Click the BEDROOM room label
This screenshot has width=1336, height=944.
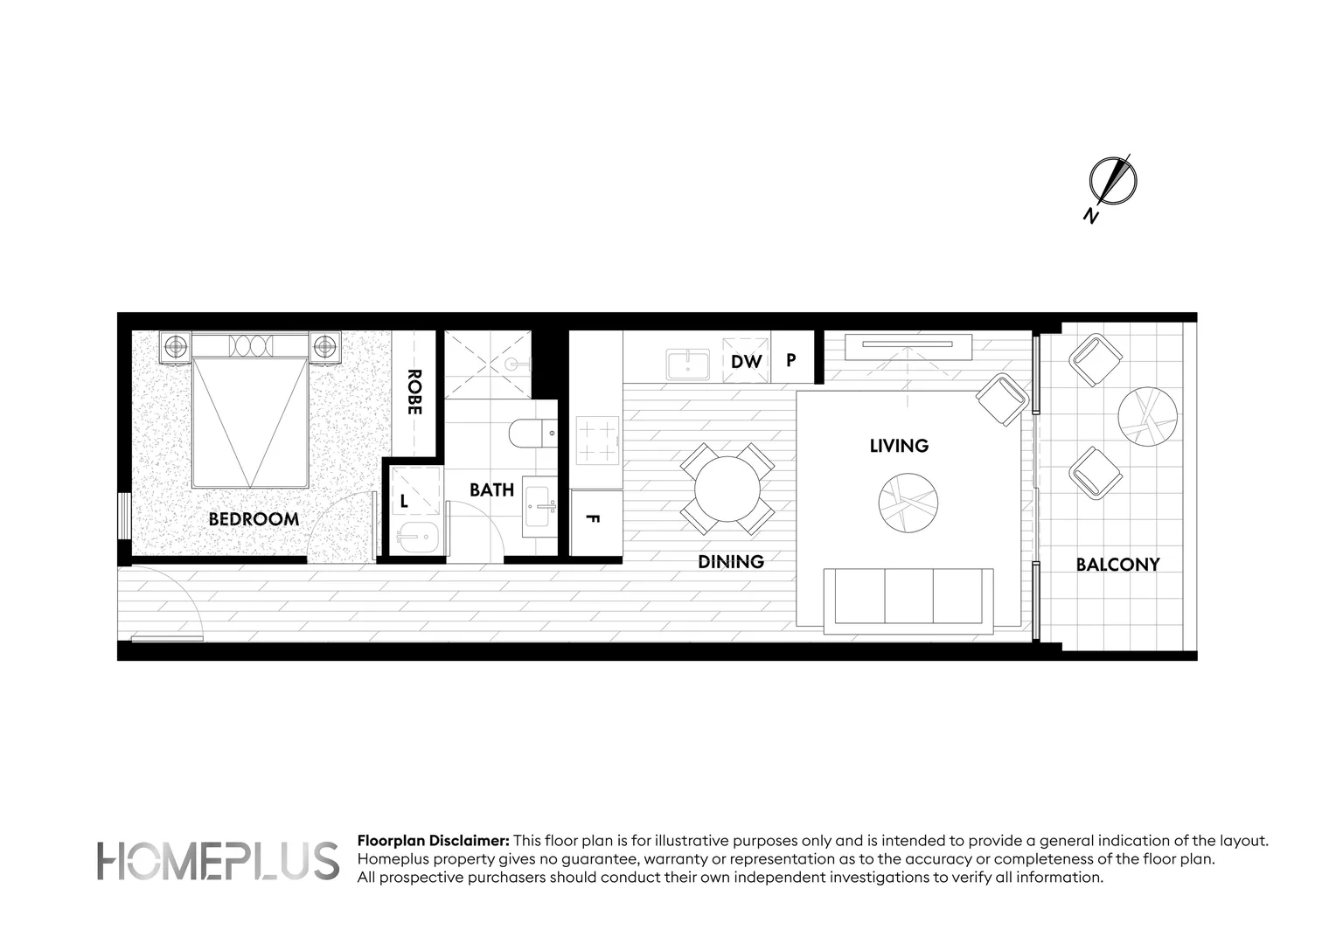pyautogui.click(x=254, y=519)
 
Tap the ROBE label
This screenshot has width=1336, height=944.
pyautogui.click(x=414, y=392)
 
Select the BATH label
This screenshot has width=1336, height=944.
pyautogui.click(x=491, y=490)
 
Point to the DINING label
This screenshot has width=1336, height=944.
pyautogui.click(x=731, y=562)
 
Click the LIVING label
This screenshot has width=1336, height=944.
pyautogui.click(x=899, y=446)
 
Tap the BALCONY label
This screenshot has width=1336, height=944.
pyautogui.click(x=1117, y=565)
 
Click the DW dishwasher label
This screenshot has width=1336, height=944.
pyautogui.click(x=747, y=361)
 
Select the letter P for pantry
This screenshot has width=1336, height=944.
pyautogui.click(x=791, y=360)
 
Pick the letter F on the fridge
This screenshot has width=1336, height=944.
pyautogui.click(x=592, y=519)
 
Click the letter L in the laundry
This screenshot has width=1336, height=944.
pyautogui.click(x=404, y=502)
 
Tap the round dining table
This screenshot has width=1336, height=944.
pyautogui.click(x=727, y=489)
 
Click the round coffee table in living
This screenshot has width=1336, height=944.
pyautogui.click(x=908, y=503)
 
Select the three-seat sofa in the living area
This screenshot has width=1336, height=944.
pyautogui.click(x=908, y=598)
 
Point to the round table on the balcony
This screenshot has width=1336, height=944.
pyautogui.click(x=1147, y=417)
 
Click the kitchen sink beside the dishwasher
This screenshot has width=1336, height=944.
pyautogui.click(x=688, y=364)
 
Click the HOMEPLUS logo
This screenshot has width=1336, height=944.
pyautogui.click(x=218, y=861)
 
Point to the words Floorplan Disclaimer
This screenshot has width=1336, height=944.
pyautogui.click(x=433, y=841)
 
